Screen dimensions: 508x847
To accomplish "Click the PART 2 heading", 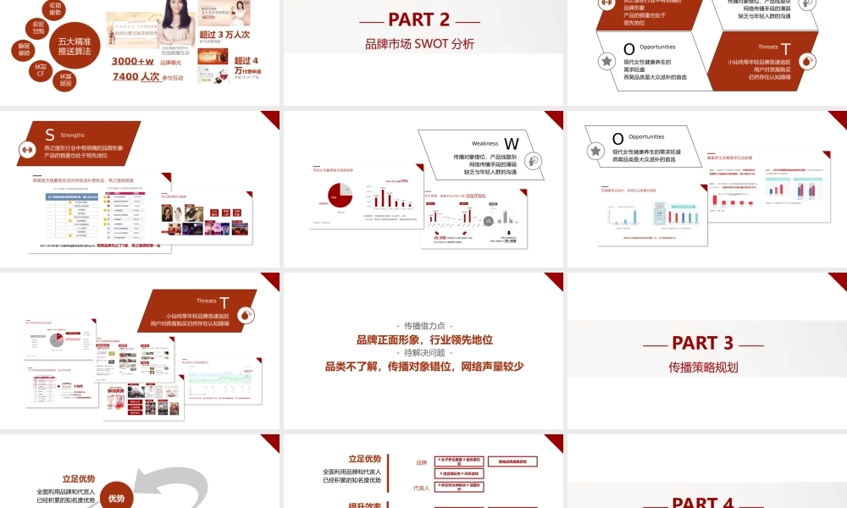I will [419, 19].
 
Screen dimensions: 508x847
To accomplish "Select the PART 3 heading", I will [702, 343].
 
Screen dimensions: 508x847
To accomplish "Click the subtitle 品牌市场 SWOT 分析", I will [419, 44].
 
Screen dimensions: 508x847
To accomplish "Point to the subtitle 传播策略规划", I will [703, 367].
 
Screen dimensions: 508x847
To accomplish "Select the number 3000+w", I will [132, 61].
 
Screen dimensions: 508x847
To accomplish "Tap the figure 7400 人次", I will [136, 77].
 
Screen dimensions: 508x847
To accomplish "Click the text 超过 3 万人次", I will [224, 34].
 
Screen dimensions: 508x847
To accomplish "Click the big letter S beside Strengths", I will [50, 135].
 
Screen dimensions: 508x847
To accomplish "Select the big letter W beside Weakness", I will [511, 144].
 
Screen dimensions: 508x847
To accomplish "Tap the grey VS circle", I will [488, 221].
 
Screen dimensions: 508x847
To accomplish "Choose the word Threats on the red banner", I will [207, 301].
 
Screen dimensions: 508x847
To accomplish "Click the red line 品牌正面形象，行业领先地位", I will [424, 340].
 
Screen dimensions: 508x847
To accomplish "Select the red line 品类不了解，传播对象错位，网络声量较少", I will [424, 367].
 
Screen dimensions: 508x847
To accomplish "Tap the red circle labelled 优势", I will [116, 499].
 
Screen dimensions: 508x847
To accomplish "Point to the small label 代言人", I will [420, 488].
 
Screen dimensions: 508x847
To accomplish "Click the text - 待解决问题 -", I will [424, 353].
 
